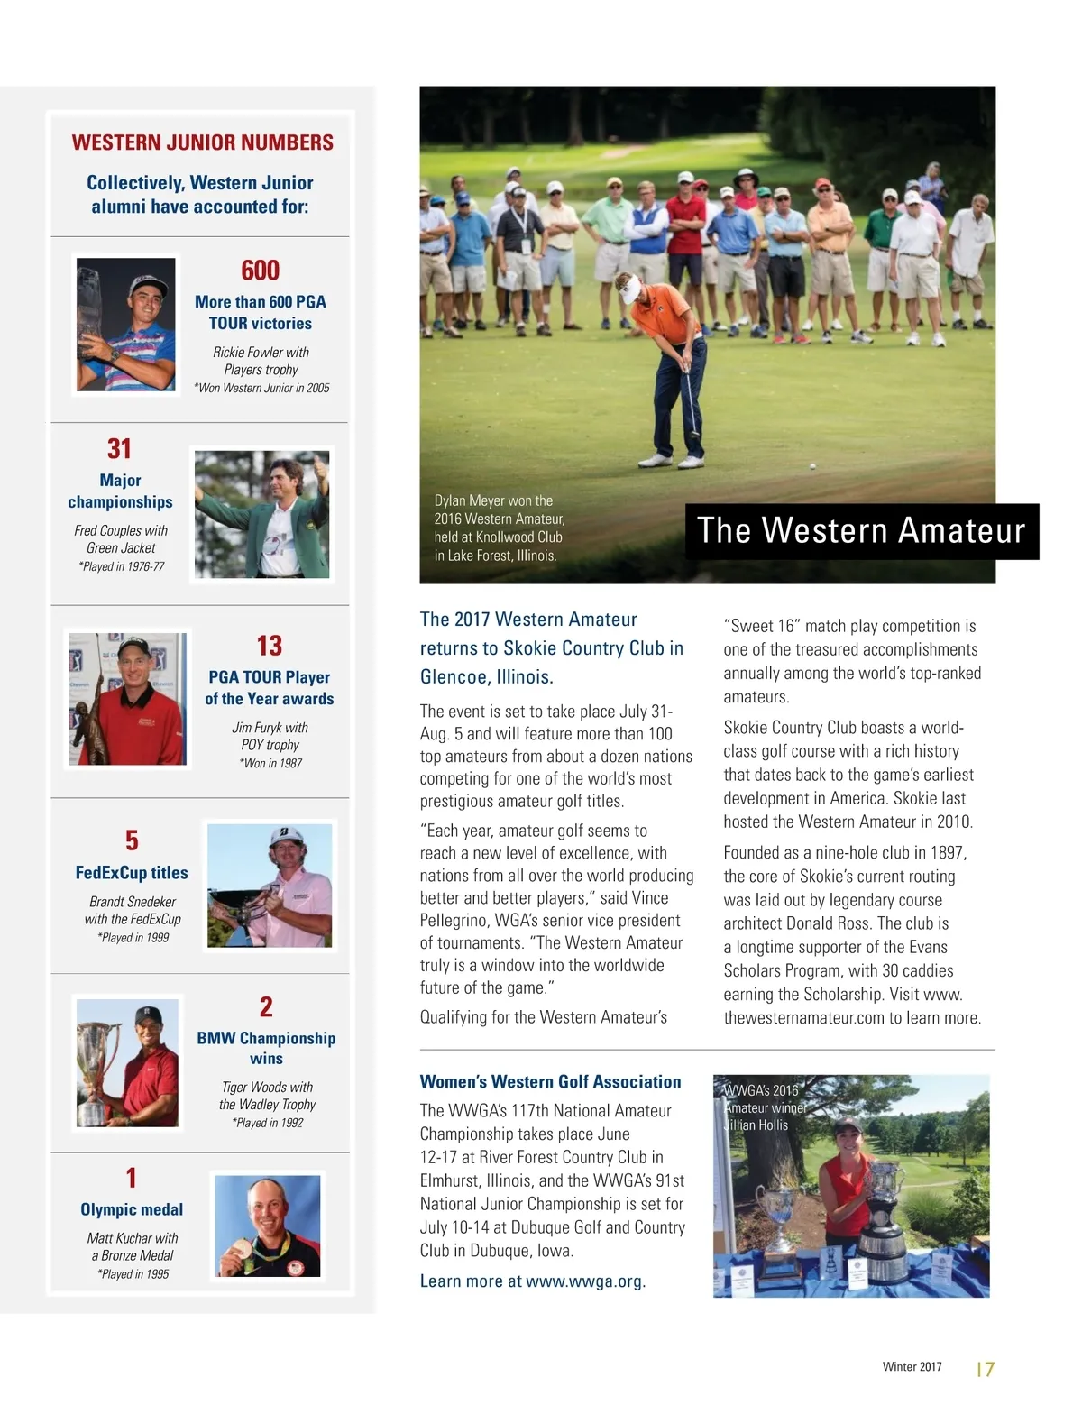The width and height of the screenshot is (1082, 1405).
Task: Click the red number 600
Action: coord(260,271)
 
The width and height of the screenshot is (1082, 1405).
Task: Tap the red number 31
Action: coord(120,449)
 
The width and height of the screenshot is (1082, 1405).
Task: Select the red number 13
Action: coord(269,646)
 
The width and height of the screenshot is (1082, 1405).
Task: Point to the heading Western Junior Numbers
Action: coord(202,142)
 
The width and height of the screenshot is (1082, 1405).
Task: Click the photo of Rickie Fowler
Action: coord(126,325)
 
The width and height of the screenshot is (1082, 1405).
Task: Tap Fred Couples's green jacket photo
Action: coord(261,515)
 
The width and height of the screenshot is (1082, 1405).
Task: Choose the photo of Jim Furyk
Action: coord(128,699)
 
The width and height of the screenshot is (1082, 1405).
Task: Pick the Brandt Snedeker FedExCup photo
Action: coord(270,886)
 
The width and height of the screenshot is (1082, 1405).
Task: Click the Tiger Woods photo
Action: coord(127,1063)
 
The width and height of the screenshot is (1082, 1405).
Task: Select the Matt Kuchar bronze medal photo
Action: coord(267,1226)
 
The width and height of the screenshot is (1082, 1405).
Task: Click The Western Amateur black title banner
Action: coord(861,531)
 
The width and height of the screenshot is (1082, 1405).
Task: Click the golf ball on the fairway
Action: coord(813,466)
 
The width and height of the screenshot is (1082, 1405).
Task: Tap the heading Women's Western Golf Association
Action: coord(550,1081)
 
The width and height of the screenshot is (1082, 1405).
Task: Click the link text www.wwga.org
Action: coord(585,1281)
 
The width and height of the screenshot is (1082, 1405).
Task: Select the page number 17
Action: coord(985,1369)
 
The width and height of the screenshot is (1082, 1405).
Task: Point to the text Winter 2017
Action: coord(912,1367)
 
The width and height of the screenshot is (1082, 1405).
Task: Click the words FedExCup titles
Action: coord(132,873)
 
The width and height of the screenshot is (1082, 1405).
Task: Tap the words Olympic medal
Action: coord(132,1210)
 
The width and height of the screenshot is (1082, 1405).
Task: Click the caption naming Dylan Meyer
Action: coord(500,528)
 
